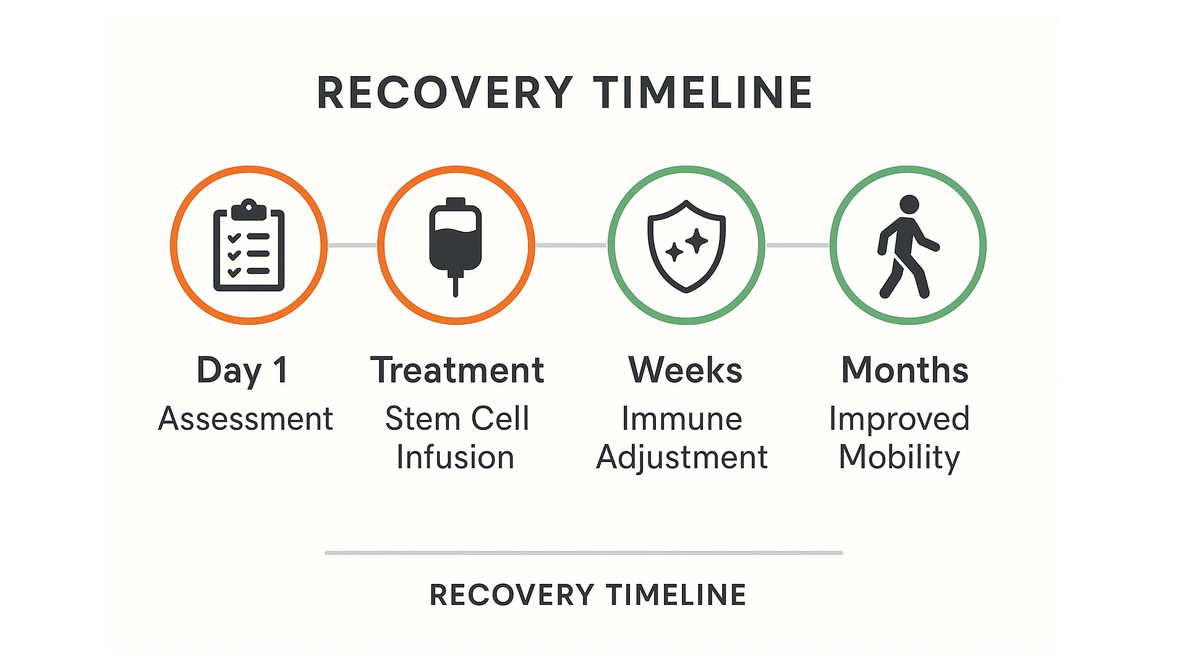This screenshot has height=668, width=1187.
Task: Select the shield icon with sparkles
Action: click(x=686, y=246)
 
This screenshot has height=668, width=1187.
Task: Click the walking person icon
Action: click(x=907, y=247)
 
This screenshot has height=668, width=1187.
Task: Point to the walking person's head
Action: click(x=909, y=205)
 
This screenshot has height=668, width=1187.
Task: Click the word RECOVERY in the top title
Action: click(x=445, y=93)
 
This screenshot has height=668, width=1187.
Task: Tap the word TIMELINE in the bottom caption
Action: click(x=676, y=595)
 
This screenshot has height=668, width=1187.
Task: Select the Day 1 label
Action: click(x=242, y=370)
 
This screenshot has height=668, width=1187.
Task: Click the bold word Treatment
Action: click(x=457, y=370)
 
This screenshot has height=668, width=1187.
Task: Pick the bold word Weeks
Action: click(x=685, y=370)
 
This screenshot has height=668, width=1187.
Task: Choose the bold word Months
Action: click(x=904, y=370)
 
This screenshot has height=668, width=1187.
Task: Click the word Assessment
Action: click(x=245, y=419)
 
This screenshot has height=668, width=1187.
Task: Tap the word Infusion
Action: click(x=455, y=458)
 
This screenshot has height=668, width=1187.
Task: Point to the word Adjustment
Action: click(x=681, y=458)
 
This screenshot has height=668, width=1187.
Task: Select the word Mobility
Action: click(x=899, y=458)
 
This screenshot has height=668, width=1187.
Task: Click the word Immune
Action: click(x=681, y=419)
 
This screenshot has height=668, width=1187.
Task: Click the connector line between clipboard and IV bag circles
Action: click(x=352, y=246)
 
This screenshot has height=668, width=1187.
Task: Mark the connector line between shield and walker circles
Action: click(x=798, y=246)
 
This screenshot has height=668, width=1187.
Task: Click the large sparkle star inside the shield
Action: click(x=697, y=241)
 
